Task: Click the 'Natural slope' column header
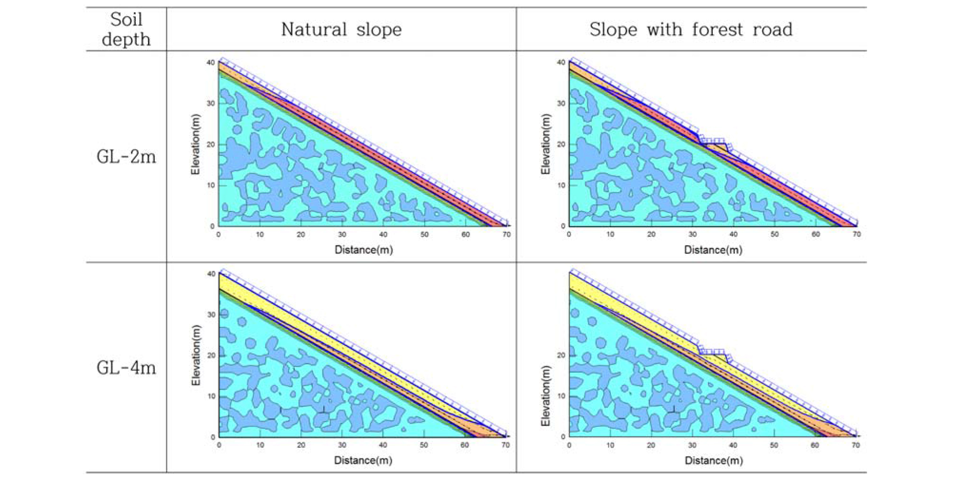(x=341, y=29)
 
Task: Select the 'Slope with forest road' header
(x=691, y=29)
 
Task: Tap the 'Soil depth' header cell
(x=126, y=29)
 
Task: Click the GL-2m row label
(x=126, y=157)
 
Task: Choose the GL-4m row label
(x=126, y=368)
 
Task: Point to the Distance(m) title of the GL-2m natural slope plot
(x=364, y=250)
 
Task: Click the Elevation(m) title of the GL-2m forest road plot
(x=545, y=144)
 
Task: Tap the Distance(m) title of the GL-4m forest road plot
(x=714, y=461)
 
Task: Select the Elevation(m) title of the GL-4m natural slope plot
(x=196, y=355)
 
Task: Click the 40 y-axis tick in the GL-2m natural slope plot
(x=211, y=62)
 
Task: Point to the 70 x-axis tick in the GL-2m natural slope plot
(x=507, y=234)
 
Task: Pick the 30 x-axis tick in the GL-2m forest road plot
(x=692, y=234)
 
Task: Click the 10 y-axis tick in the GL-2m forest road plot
(x=561, y=185)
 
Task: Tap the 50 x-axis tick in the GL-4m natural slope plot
(x=424, y=445)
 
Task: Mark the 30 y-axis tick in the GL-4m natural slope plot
(x=211, y=314)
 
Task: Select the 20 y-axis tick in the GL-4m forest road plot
(x=561, y=355)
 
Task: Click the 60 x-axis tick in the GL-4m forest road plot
(x=815, y=445)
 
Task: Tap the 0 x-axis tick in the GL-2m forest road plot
(x=569, y=234)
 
